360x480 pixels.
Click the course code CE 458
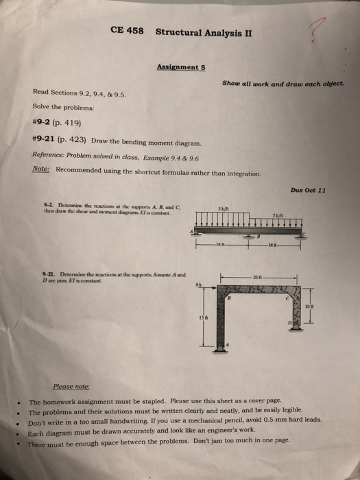pos(125,32)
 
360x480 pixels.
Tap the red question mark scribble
pos(317,31)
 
